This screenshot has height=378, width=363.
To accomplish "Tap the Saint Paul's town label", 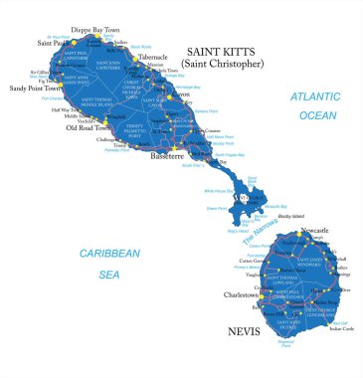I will point(53,44).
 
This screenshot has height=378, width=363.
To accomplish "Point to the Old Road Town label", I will point(87,126).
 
